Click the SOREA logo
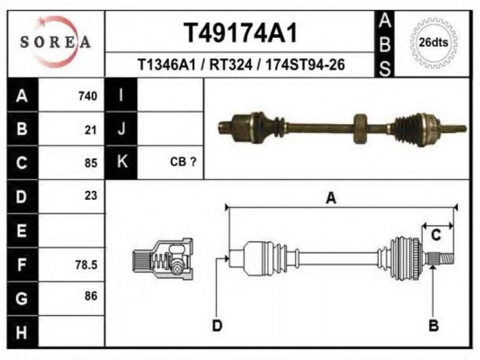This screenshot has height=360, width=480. pyautogui.click(x=55, y=42)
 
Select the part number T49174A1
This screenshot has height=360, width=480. pyautogui.click(x=241, y=33)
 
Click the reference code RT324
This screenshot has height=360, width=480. pyautogui.click(x=231, y=65)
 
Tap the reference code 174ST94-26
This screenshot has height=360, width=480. pyautogui.click(x=305, y=65)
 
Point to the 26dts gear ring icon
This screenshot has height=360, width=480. pyautogui.click(x=433, y=43)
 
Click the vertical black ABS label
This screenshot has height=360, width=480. pyautogui.click(x=385, y=44)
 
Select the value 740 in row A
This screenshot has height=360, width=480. pyautogui.click(x=88, y=96)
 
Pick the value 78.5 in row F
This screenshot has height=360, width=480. pyautogui.click(x=86, y=265)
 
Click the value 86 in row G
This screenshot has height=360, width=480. pyautogui.click(x=91, y=296)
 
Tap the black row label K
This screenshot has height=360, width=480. pyautogui.click(x=122, y=161)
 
